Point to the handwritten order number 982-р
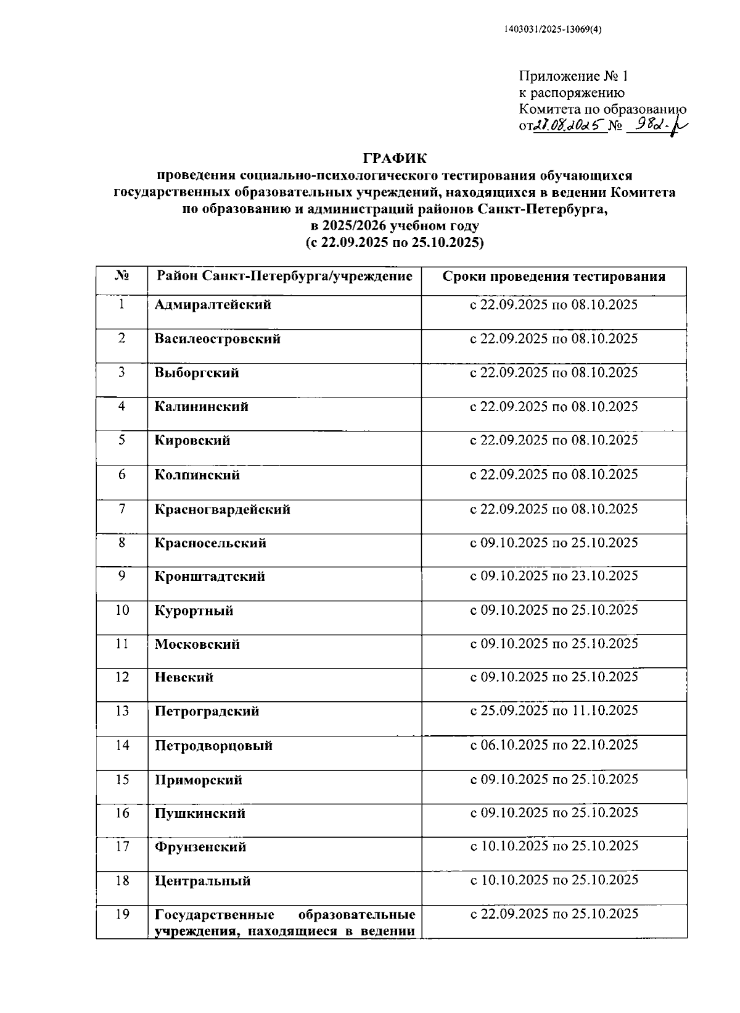click(657, 125)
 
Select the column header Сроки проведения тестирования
click(554, 277)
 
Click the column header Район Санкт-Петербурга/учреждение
click(284, 276)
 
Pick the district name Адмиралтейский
click(213, 305)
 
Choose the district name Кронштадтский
click(210, 577)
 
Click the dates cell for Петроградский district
click(554, 711)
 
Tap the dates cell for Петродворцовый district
click(554, 745)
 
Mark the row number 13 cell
click(122, 711)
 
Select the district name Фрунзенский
click(200, 847)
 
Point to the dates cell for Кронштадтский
click(554, 576)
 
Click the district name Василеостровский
click(218, 339)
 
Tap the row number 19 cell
click(122, 914)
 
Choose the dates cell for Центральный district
click(554, 880)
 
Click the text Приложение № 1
click(573, 77)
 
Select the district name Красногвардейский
click(223, 509)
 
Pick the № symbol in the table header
click(122, 276)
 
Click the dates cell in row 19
click(554, 914)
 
